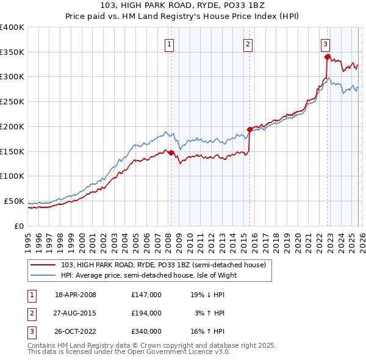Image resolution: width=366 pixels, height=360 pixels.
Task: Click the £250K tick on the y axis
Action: point(13,102)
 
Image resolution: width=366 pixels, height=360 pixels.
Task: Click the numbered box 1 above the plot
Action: point(168,43)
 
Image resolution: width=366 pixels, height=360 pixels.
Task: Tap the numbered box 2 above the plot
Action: point(248,43)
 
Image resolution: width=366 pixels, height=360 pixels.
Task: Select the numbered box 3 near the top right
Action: point(326,43)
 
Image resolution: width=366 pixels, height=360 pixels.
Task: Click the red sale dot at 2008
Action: point(171,153)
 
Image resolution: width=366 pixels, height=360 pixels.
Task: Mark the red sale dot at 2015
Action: point(250,129)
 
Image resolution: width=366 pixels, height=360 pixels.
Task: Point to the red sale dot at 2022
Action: point(328,57)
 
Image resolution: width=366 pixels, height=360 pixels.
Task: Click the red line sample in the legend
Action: point(43,265)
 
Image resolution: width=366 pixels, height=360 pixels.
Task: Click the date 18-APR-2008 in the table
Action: point(75,295)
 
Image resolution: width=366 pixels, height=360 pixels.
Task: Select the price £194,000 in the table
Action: point(146,313)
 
